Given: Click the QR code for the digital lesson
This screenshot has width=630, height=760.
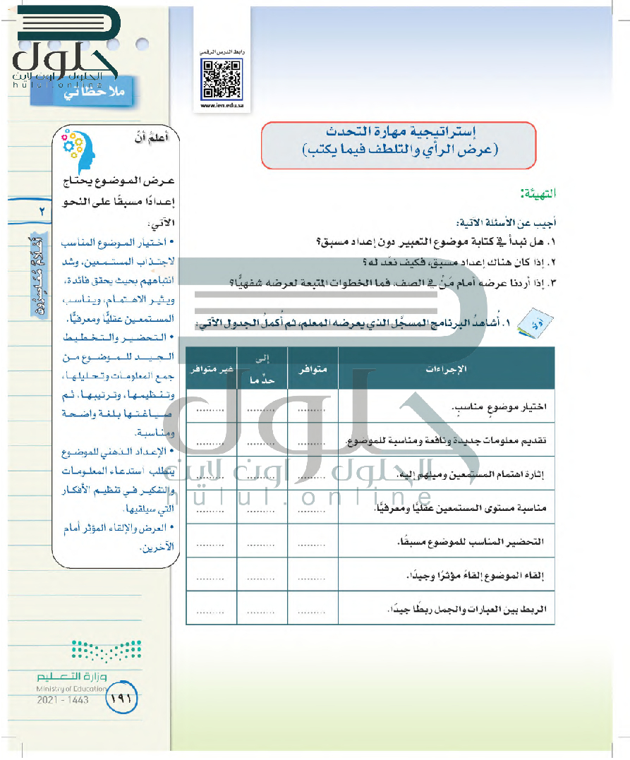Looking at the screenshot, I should (x=220, y=79).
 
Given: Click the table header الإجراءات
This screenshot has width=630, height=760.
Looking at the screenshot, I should (x=446, y=369).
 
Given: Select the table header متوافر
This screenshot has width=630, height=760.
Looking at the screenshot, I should (x=313, y=369).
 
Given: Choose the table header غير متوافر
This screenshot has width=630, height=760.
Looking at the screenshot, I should (x=211, y=369).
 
